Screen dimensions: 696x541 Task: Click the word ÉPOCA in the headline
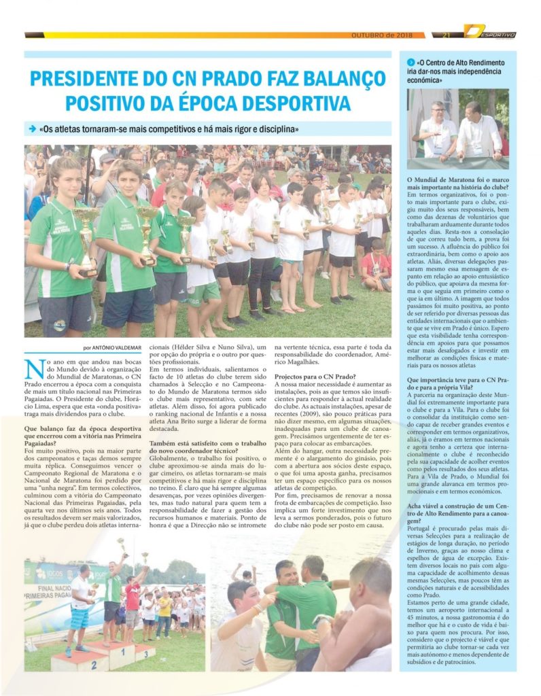click(x=247, y=104)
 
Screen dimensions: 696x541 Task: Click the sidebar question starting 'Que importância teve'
click(x=457, y=383)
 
